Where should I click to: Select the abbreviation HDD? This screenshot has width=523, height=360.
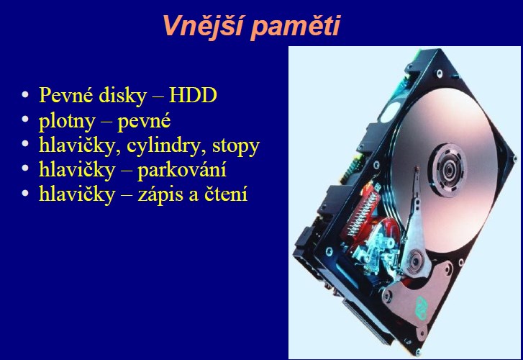point(193,95)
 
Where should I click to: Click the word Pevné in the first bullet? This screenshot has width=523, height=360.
point(65,95)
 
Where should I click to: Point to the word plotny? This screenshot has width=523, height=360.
point(67,121)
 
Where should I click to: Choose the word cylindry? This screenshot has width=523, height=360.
point(165,146)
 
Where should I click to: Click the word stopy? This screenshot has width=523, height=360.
point(236,147)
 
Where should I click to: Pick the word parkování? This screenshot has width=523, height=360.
point(182,170)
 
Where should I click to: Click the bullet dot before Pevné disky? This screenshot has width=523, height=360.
point(25,95)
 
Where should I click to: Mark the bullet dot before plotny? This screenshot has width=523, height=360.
point(25,120)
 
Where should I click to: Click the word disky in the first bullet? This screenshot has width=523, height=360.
point(123,95)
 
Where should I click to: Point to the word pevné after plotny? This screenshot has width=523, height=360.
point(144,122)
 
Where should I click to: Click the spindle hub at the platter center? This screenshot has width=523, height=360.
point(449,170)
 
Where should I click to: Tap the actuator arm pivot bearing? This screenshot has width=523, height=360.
point(414,261)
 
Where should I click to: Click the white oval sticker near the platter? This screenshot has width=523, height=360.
point(390,112)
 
